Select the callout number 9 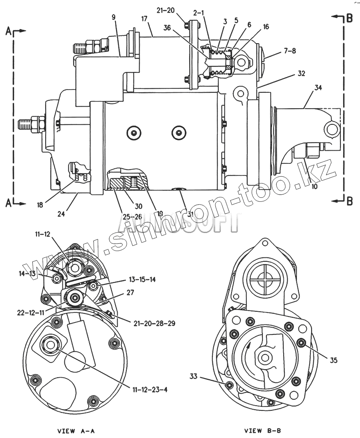pyautogui.click(x=113, y=17)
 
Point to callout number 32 pyautogui.click(x=301, y=74)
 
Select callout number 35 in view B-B pyautogui.click(x=334, y=360)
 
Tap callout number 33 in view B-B pyautogui.click(x=194, y=376)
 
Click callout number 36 pyautogui.click(x=167, y=28)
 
